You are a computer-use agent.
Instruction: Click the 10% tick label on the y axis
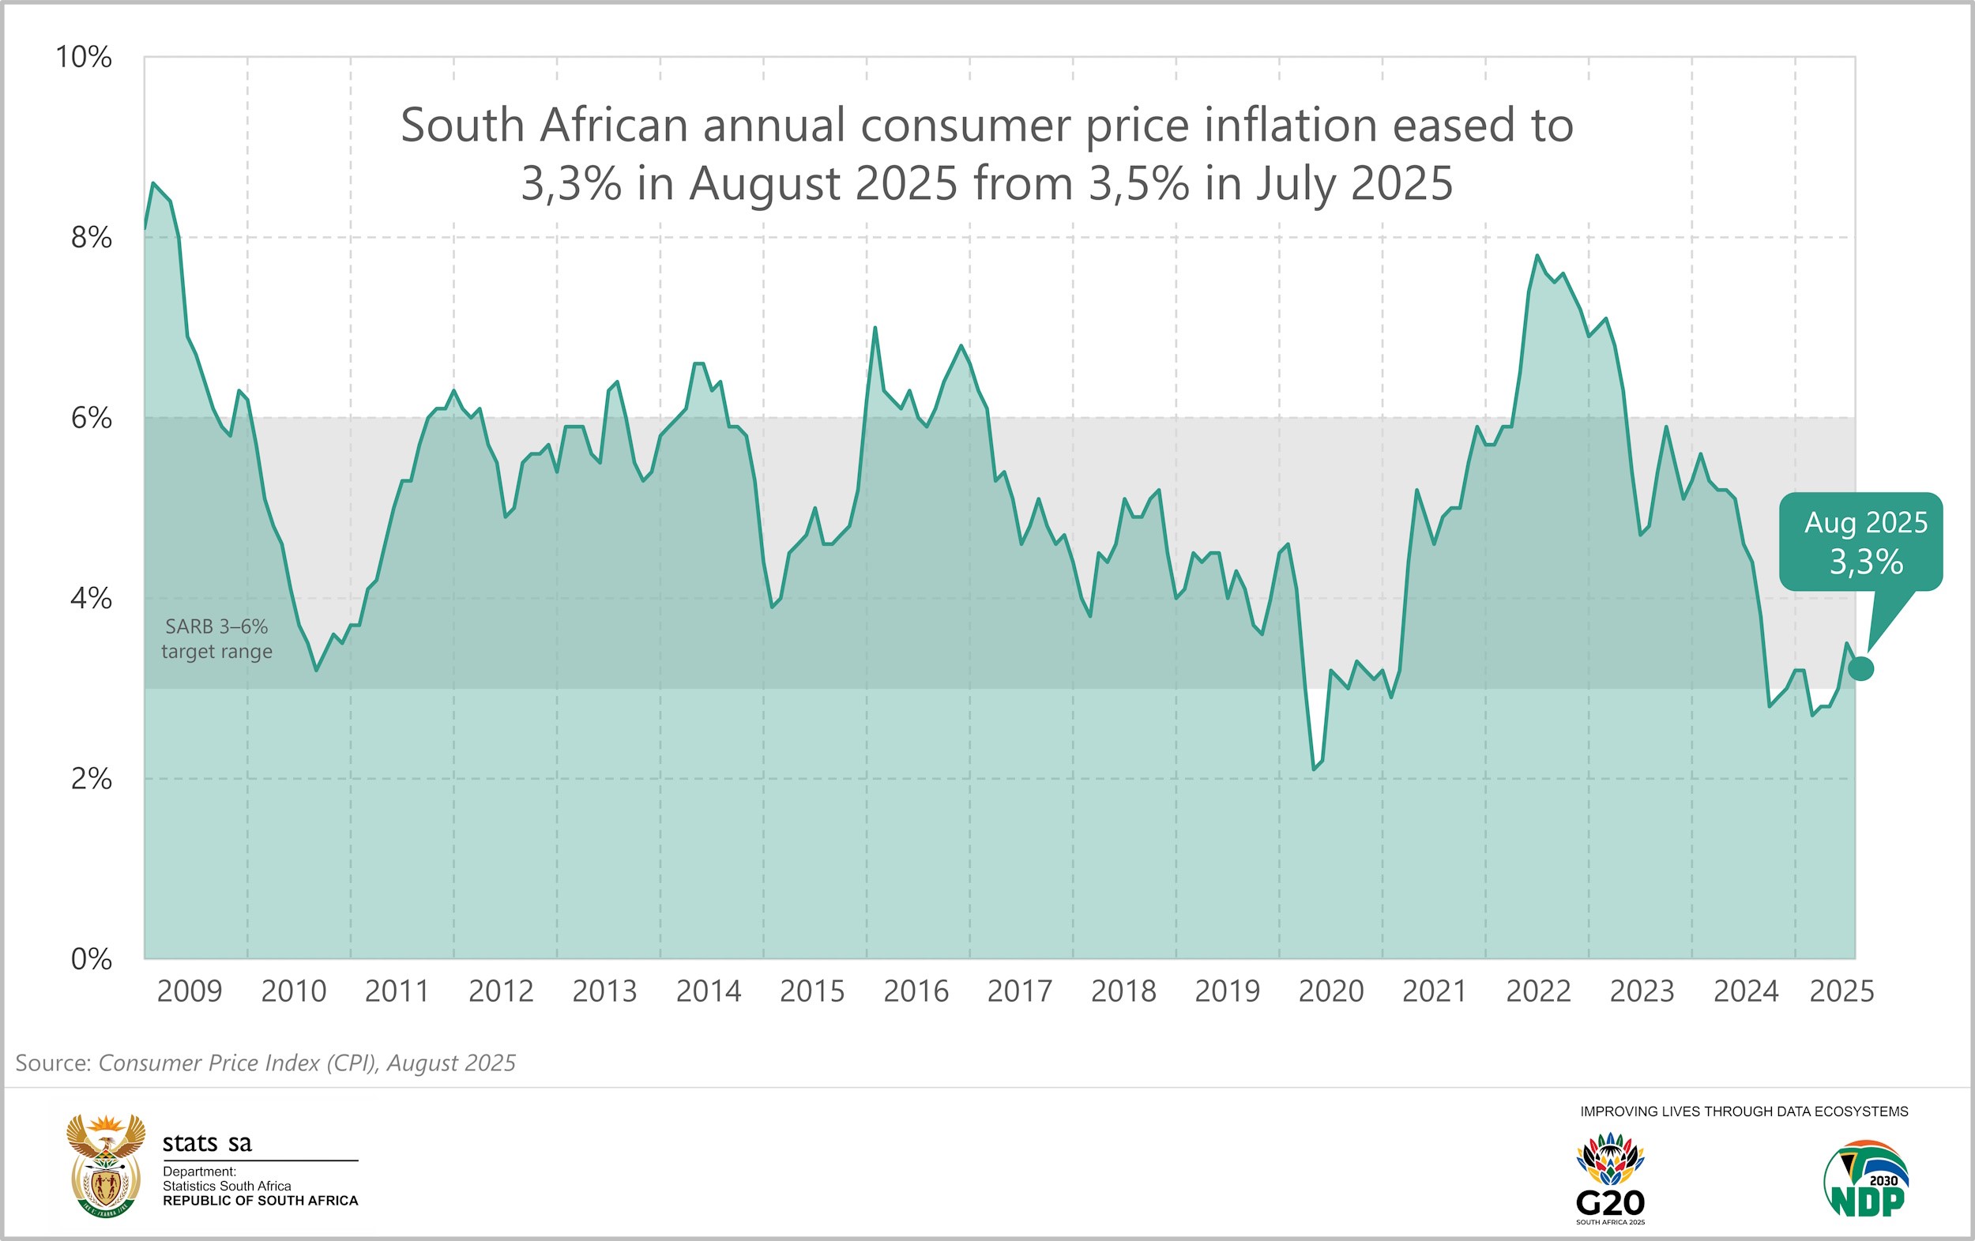pos(83,58)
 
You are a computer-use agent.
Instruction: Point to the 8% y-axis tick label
pos(91,238)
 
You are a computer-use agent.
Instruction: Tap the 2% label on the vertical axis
pos(91,778)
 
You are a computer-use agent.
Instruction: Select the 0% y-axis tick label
pos(91,959)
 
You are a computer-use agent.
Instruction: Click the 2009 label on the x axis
pos(190,991)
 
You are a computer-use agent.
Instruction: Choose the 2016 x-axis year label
pos(916,991)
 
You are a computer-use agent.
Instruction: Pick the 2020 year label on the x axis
pos(1330,991)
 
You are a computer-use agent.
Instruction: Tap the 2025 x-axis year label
pos(1841,991)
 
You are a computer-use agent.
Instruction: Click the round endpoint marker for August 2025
pos(1861,668)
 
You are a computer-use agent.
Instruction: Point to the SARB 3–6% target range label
pos(216,639)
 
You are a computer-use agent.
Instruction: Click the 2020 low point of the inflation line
pos(1313,769)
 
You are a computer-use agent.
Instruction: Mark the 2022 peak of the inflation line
pos(1537,256)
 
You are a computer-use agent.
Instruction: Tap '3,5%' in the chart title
pos(1138,183)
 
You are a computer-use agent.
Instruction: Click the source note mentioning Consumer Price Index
pos(265,1063)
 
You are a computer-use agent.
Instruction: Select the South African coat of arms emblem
pos(105,1165)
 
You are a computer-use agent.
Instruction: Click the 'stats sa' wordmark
pos(207,1142)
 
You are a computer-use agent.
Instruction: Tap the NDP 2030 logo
pos(1867,1179)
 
